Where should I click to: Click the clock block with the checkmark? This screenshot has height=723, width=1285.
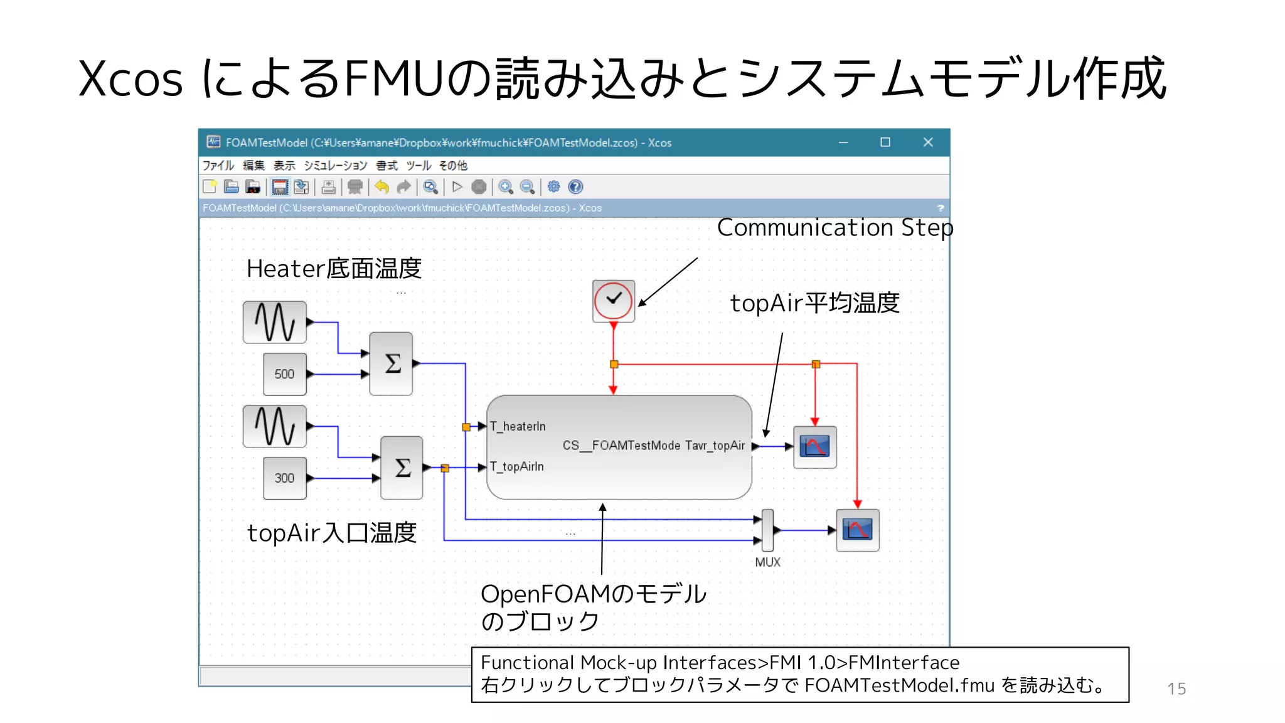pyautogui.click(x=613, y=301)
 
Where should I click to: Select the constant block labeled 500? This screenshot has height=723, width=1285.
pyautogui.click(x=284, y=374)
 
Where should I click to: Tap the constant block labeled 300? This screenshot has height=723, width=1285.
pyautogui.click(x=284, y=478)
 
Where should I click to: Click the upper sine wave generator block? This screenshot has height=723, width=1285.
pyautogui.click(x=274, y=322)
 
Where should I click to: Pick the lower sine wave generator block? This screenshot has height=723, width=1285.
pyautogui.click(x=274, y=426)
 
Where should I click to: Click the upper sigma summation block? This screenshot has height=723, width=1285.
pyautogui.click(x=391, y=363)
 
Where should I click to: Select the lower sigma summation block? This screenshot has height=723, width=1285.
pyautogui.click(x=402, y=468)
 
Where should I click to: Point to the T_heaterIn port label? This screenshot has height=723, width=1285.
pyautogui.click(x=518, y=427)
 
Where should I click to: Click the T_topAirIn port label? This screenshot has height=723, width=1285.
pyautogui.click(x=517, y=467)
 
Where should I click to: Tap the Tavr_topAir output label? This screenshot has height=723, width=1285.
pyautogui.click(x=715, y=446)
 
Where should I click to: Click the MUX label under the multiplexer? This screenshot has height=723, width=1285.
pyautogui.click(x=767, y=562)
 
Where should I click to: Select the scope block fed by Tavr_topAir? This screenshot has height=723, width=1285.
pyautogui.click(x=814, y=447)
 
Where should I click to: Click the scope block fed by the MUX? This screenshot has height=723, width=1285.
pyautogui.click(x=857, y=530)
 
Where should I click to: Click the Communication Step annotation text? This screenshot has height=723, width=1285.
pyautogui.click(x=834, y=228)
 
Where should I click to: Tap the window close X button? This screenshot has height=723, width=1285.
pyautogui.click(x=928, y=142)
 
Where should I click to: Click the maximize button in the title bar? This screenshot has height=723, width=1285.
pyautogui.click(x=885, y=142)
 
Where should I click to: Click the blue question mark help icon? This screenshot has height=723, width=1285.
pyautogui.click(x=575, y=187)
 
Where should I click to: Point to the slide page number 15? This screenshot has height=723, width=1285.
pyautogui.click(x=1176, y=689)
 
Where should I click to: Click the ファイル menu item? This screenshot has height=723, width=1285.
pyautogui.click(x=218, y=166)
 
